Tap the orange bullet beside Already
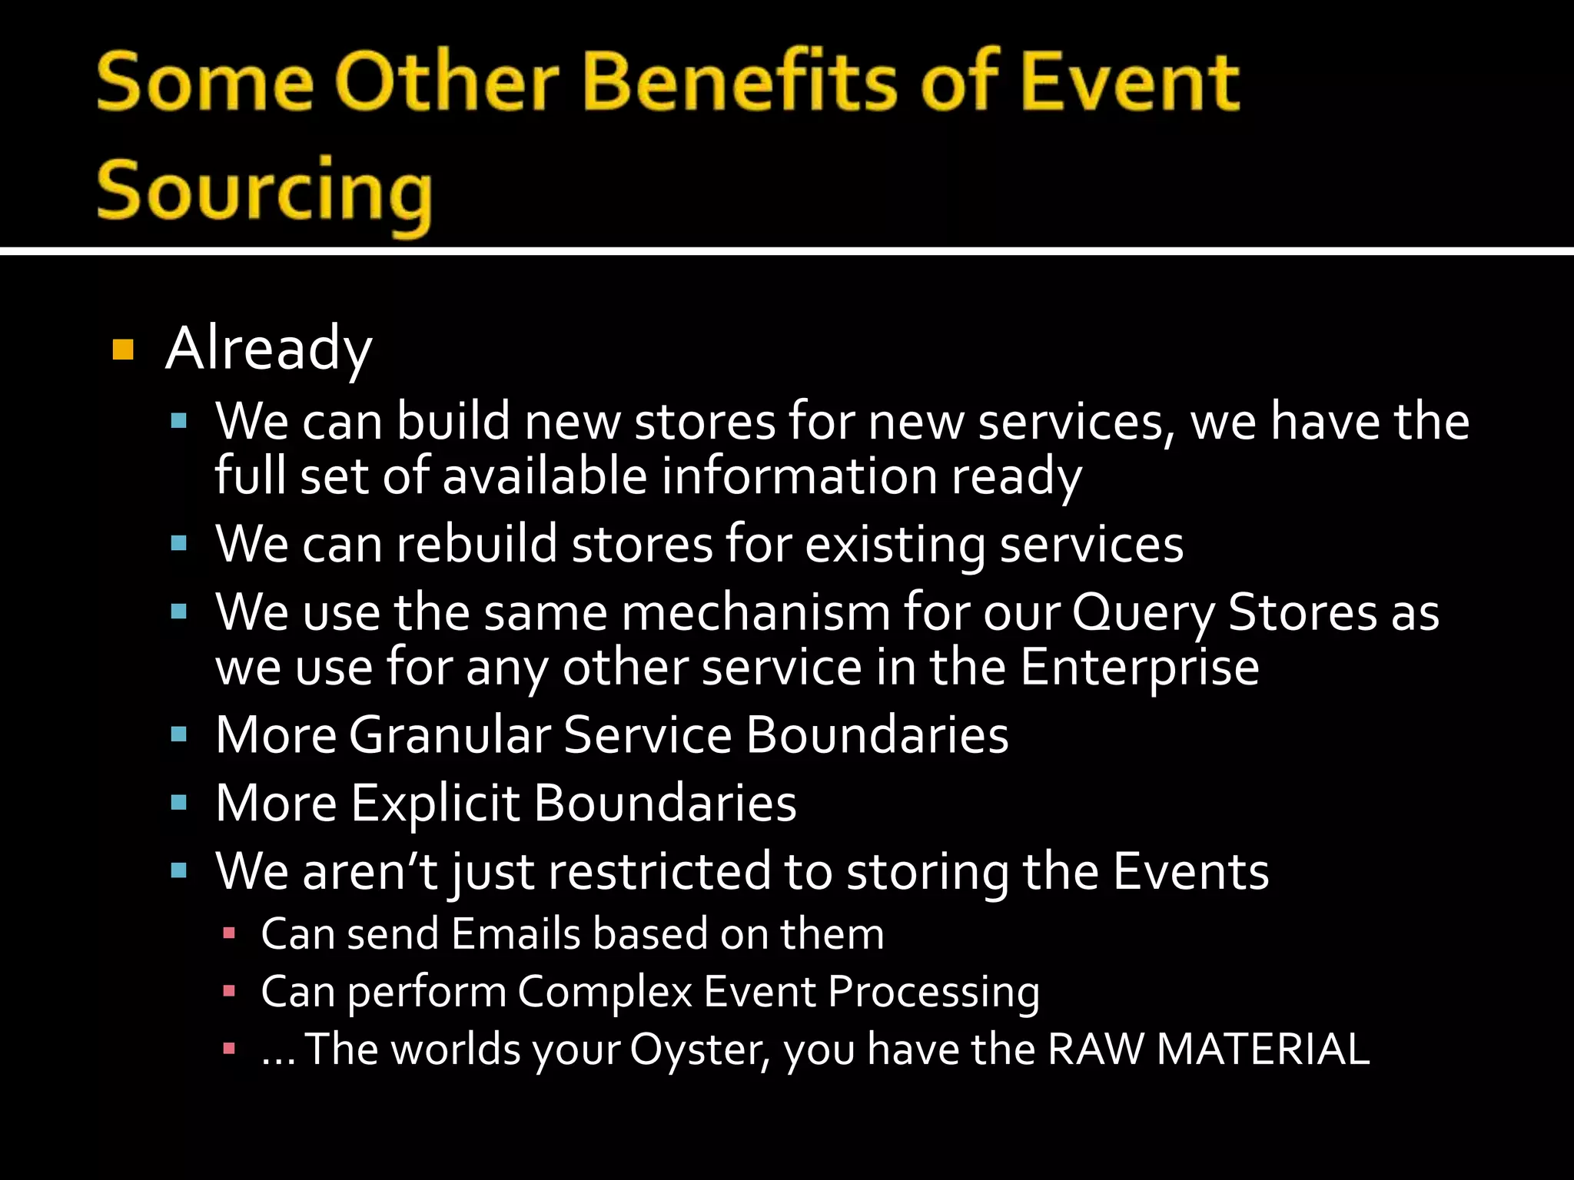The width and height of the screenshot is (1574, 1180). [x=123, y=350]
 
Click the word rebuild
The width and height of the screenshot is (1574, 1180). [x=477, y=545]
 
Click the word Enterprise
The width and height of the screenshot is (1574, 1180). [x=1140, y=667]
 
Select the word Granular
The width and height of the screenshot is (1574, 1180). [x=450, y=735]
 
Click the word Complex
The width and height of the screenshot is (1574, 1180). [x=605, y=992]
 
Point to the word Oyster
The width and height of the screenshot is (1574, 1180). [x=699, y=1049]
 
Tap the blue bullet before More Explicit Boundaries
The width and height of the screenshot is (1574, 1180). [x=179, y=804]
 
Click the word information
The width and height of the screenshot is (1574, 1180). [x=799, y=476]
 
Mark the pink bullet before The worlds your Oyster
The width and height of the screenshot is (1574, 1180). [x=228, y=1049]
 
